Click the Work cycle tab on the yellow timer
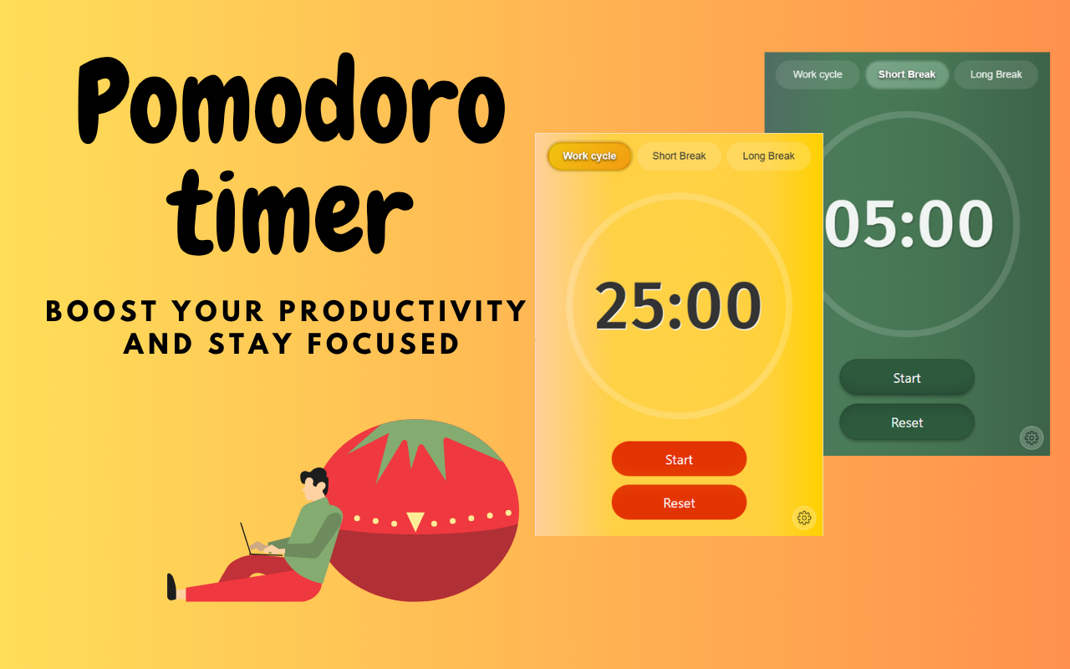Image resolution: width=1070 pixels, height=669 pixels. click(x=589, y=156)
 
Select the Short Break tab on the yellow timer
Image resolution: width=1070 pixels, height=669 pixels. click(x=679, y=156)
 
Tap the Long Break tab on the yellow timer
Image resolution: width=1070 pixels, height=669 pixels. click(x=768, y=156)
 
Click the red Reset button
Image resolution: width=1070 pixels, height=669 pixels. click(x=679, y=503)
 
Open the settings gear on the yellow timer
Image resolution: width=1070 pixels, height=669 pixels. click(x=804, y=518)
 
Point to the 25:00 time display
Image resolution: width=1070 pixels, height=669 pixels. click(x=678, y=306)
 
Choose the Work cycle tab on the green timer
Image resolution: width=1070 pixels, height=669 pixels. click(x=818, y=74)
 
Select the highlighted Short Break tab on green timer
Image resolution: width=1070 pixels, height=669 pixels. click(x=907, y=74)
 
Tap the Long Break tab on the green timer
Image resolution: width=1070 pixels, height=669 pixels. click(x=996, y=74)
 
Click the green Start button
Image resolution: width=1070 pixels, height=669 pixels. click(x=907, y=378)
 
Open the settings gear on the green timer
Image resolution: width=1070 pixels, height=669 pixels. click(x=1032, y=437)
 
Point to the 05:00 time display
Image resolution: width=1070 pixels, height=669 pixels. click(x=909, y=224)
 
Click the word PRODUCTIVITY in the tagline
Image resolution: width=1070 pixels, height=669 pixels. click(x=402, y=311)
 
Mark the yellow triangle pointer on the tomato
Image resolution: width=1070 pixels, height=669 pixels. click(x=415, y=521)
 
